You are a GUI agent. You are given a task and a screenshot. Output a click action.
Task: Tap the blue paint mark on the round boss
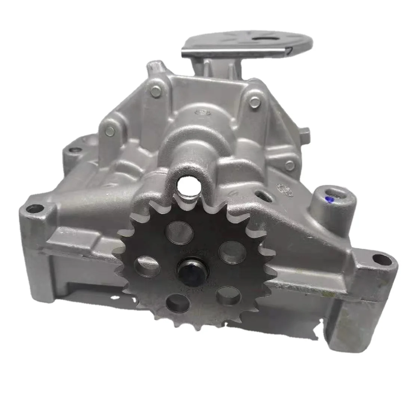tap(330, 199)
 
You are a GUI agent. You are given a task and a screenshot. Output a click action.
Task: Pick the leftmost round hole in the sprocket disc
tap(149, 266)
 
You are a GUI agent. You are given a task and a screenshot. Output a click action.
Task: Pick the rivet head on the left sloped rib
tap(110, 131)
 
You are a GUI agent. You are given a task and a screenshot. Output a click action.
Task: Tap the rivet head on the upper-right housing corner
tap(254, 100)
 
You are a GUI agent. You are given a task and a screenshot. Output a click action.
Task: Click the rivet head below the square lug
tap(289, 164)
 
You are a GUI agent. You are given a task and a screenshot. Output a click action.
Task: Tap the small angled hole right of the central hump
tap(262, 195)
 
